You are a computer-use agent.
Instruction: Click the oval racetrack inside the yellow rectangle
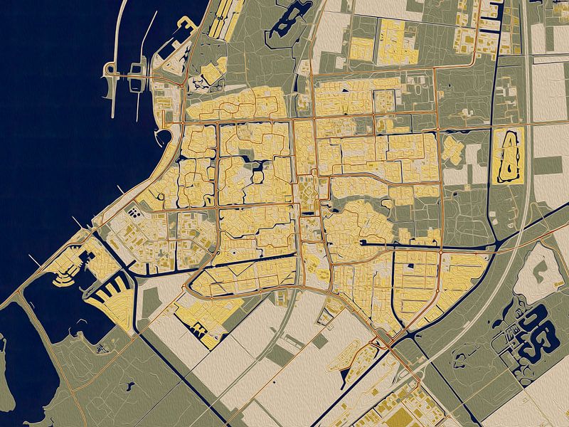(x=508, y=155)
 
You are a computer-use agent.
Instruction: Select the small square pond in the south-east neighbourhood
(x=412, y=268)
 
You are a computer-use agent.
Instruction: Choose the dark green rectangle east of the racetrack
(x=548, y=165)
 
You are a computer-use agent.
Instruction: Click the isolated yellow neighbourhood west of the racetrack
(x=452, y=149)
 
